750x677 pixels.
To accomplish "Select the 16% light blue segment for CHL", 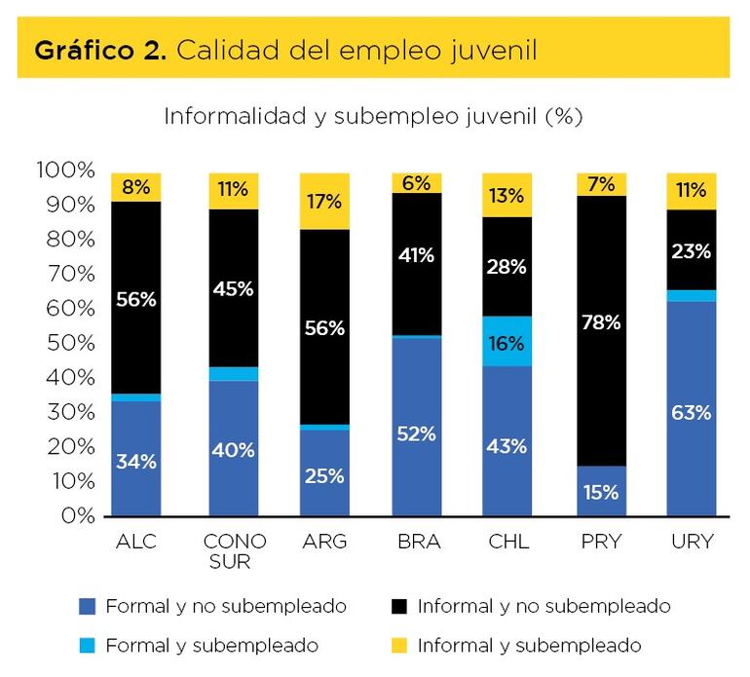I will pyautogui.click(x=506, y=342).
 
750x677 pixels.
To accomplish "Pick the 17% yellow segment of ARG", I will pyautogui.click(x=324, y=202).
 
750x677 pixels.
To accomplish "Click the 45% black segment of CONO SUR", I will pyautogui.click(x=234, y=288).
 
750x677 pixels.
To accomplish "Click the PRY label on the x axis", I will pyautogui.click(x=601, y=541).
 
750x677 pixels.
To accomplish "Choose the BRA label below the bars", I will pyautogui.click(x=416, y=541).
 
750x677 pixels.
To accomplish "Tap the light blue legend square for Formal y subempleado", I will pyautogui.click(x=88, y=645).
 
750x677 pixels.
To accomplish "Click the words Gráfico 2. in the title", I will pyautogui.click(x=96, y=50).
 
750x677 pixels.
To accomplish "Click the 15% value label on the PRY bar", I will pyautogui.click(x=601, y=492).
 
